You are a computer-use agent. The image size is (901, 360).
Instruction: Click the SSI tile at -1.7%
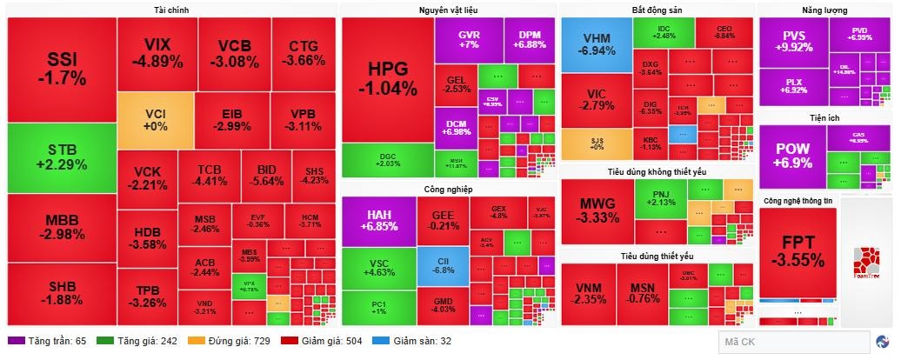click(61, 69)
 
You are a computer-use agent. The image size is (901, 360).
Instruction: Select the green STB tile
click(61, 157)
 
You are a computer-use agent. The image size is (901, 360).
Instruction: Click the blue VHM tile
click(596, 45)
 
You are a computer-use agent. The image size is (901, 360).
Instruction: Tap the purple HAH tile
click(379, 221)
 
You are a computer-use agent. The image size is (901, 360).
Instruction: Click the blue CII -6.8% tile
click(443, 264)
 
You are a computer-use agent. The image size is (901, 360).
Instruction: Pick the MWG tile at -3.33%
click(597, 211)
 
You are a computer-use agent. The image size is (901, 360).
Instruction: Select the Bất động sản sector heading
click(657, 10)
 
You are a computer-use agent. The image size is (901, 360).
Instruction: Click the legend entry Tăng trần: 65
click(47, 341)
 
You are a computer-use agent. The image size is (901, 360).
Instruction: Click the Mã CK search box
click(793, 342)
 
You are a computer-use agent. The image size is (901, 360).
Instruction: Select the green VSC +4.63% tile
click(379, 267)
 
